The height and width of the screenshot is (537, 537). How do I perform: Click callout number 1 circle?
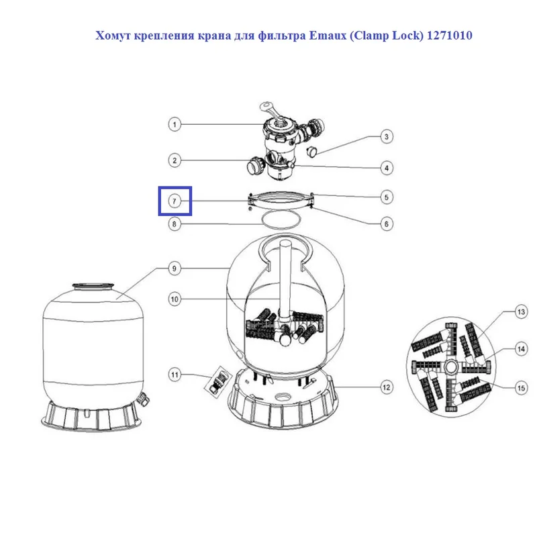175,124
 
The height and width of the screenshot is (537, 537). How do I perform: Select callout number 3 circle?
387,137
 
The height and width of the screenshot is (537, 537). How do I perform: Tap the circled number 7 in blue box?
175,201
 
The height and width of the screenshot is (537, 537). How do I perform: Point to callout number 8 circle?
175,224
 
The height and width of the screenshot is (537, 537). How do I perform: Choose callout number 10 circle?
175,299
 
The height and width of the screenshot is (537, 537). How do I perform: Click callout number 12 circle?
387,387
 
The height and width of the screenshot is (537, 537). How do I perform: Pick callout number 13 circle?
521,311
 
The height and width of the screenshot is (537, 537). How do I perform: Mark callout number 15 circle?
521,388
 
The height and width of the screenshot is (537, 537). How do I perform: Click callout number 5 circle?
387,197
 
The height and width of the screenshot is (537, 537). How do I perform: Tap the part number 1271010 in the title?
449,36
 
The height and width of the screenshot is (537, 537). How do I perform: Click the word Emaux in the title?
328,36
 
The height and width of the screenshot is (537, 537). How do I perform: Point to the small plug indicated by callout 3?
311,151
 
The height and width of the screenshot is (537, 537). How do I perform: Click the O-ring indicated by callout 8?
281,219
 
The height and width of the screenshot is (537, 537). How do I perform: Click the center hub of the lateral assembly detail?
450,367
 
